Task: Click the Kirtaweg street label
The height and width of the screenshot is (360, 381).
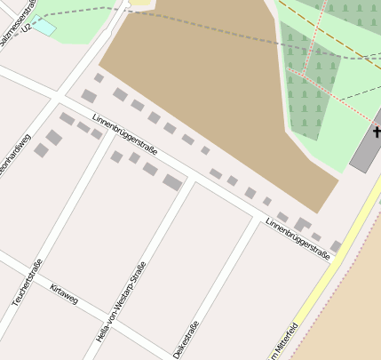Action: click(x=64, y=294)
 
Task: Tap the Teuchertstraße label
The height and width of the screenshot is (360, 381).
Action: click(x=28, y=283)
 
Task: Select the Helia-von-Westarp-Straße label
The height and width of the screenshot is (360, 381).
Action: click(x=121, y=302)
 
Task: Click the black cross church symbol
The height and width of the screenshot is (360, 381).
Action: click(x=377, y=133)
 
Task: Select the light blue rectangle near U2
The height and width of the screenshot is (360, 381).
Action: click(x=43, y=28)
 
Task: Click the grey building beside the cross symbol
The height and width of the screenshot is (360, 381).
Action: click(x=365, y=149)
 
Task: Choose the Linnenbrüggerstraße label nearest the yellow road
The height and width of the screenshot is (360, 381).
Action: click(x=298, y=239)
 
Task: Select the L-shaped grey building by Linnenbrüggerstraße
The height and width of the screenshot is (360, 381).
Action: click(x=303, y=224)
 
